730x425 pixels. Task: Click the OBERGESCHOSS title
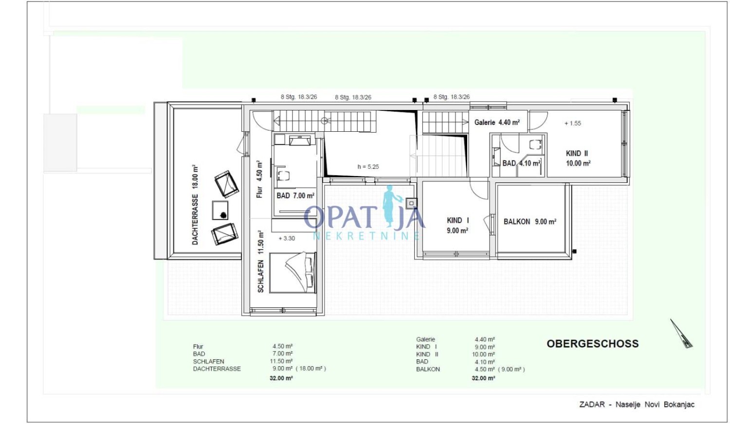[592, 344]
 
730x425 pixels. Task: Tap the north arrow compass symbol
[681, 334]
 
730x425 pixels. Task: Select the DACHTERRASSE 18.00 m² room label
[195, 205]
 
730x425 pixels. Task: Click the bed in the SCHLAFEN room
[293, 273]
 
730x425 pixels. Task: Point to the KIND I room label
[457, 225]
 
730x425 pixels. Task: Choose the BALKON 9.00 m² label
[530, 222]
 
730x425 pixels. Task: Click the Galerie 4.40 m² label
[497, 123]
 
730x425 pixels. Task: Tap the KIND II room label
[578, 158]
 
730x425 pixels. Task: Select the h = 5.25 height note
[368, 167]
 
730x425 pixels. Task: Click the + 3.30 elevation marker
[287, 238]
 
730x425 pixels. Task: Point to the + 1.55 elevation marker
[573, 124]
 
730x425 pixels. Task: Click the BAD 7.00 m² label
[295, 196]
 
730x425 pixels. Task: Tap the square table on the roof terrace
[220, 210]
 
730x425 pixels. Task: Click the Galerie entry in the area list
[425, 339]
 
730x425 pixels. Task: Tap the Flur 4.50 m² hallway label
[259, 179]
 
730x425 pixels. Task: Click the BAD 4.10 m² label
[521, 163]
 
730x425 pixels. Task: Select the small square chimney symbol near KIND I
[411, 204]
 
